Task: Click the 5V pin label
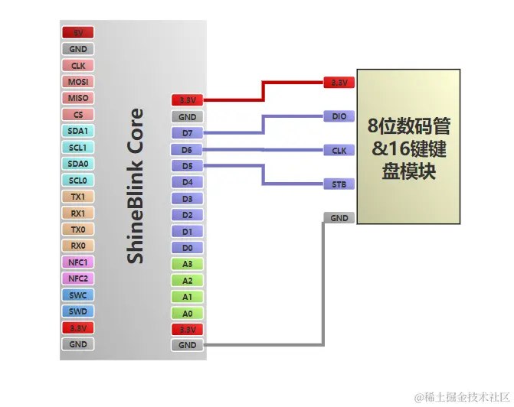78,33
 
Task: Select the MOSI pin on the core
78,82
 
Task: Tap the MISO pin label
78,99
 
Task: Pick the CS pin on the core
78,115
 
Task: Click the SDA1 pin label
78,132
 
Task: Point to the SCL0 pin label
78,181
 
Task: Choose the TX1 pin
78,197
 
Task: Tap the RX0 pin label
78,246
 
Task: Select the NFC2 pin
78,279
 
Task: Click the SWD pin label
78,312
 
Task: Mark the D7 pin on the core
188,134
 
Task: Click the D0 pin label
188,248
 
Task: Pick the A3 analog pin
188,265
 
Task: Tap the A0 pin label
188,314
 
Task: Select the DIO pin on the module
339,117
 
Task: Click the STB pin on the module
339,184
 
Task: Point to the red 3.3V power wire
264,90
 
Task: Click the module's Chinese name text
408,148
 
